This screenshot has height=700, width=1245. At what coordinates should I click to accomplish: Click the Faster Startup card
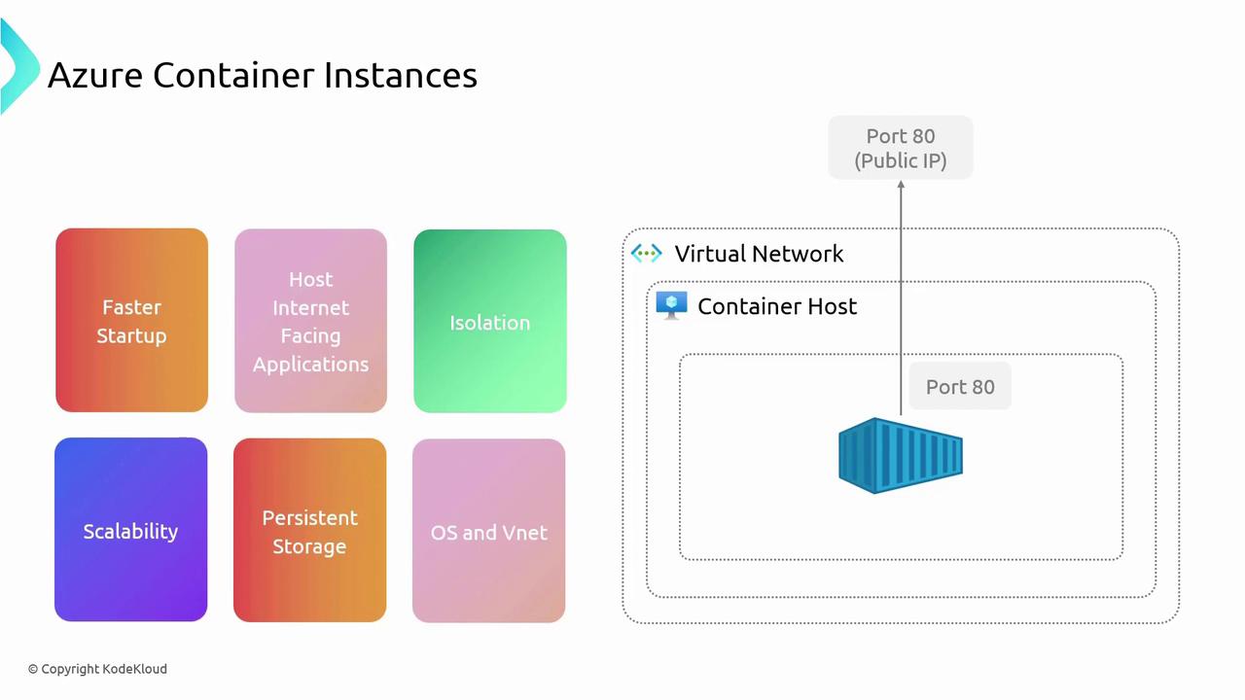pyautogui.click(x=131, y=321)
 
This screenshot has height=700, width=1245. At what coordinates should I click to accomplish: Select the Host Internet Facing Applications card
pyautogui.click(x=310, y=321)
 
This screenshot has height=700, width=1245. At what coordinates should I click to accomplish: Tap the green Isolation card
pyautogui.click(x=489, y=322)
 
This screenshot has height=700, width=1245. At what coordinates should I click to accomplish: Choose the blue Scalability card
pyautogui.click(x=130, y=530)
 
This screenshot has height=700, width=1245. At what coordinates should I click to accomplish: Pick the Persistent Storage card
pyautogui.click(x=309, y=531)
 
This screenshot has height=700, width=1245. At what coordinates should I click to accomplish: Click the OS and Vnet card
pyautogui.click(x=488, y=531)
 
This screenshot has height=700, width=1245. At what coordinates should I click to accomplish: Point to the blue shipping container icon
pyautogui.click(x=901, y=455)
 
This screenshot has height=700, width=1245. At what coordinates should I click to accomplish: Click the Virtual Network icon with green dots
pyautogui.click(x=647, y=254)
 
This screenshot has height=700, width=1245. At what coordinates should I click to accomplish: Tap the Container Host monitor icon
pyautogui.click(x=671, y=305)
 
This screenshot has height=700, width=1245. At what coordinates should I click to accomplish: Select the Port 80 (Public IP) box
pyautogui.click(x=901, y=148)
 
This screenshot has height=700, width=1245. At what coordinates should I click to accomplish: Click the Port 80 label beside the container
pyautogui.click(x=960, y=387)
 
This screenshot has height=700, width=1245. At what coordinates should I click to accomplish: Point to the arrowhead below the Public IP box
pyautogui.click(x=901, y=186)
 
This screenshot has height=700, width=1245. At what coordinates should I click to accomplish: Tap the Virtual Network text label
pyautogui.click(x=759, y=254)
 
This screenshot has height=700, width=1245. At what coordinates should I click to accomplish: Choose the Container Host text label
pyautogui.click(x=777, y=306)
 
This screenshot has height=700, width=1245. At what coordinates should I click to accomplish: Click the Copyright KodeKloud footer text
pyautogui.click(x=97, y=669)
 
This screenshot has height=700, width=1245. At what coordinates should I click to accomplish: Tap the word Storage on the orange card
pyautogui.click(x=309, y=546)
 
